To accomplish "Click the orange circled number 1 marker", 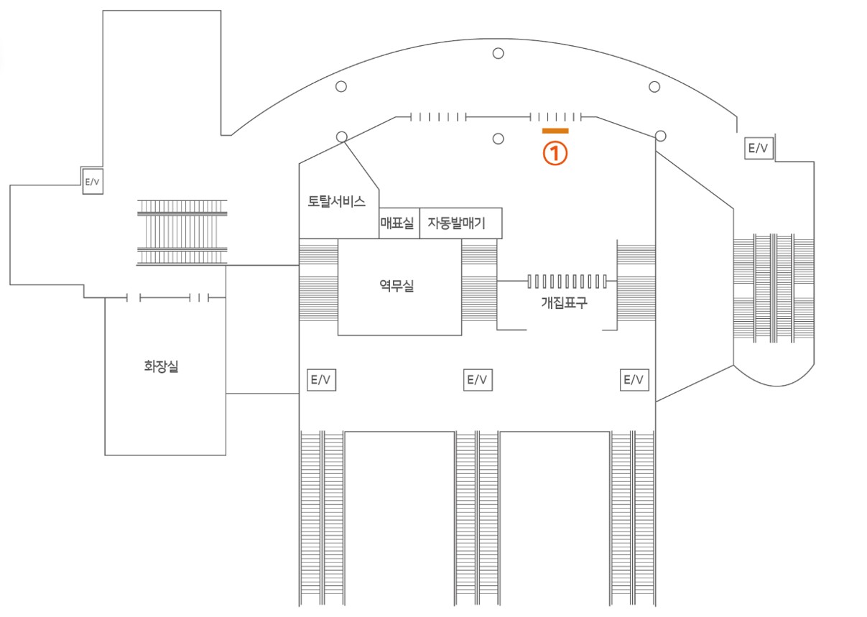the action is [x=555, y=153].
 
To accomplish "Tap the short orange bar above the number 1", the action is [x=555, y=131].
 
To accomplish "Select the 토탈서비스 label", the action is [x=336, y=201].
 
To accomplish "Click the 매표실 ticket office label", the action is [x=397, y=223].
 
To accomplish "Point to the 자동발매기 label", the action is [x=456, y=223].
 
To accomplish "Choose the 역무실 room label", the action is [x=397, y=286].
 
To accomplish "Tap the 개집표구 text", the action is [x=564, y=302].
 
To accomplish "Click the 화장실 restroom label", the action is [x=161, y=366].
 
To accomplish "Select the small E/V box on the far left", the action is [x=93, y=181].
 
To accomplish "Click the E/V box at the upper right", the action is [x=759, y=148].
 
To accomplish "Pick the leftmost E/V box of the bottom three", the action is [x=321, y=380].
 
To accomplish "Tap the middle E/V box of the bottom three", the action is [x=478, y=380].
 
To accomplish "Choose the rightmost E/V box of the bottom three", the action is [x=634, y=380].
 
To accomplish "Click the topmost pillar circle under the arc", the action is [x=498, y=53].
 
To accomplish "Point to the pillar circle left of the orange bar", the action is [x=498, y=139].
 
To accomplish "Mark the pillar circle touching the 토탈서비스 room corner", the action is [x=341, y=137].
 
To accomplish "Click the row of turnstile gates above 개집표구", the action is [x=567, y=282].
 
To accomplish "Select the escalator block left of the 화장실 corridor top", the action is [x=182, y=233].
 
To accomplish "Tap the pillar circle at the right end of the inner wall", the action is [x=661, y=136].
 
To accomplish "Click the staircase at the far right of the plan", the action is [x=774, y=288].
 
